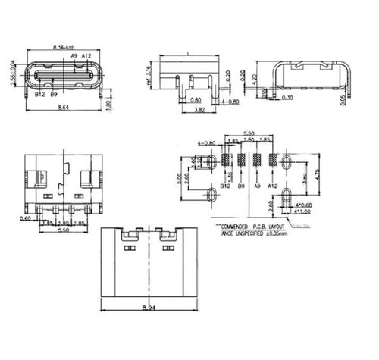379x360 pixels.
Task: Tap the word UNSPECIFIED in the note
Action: pos(244,234)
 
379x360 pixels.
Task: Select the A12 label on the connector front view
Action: pos(86,57)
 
